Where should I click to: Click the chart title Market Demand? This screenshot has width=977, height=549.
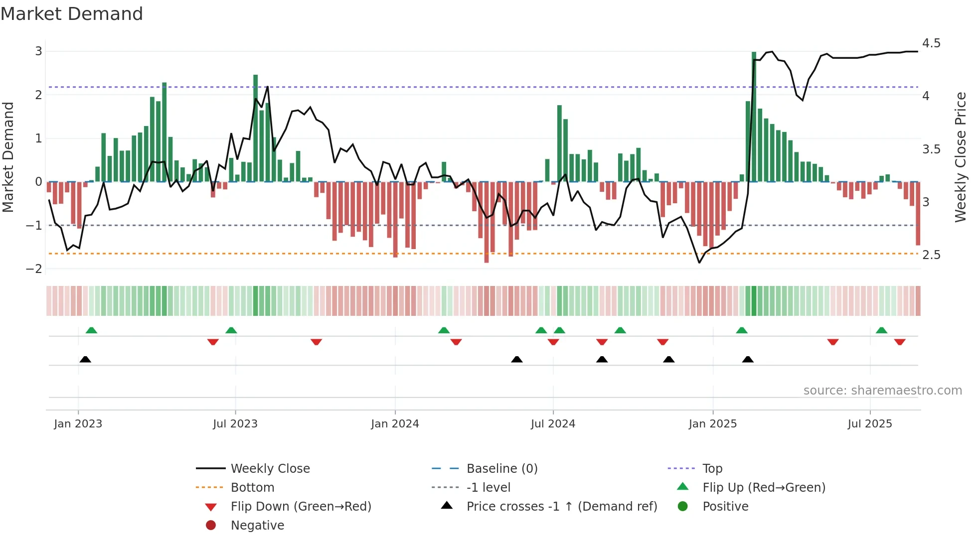pos(72,14)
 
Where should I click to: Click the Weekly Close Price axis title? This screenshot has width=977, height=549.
pos(960,157)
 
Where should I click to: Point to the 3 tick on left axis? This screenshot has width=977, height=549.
pos(38,51)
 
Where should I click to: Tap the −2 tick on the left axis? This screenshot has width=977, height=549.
pos(34,269)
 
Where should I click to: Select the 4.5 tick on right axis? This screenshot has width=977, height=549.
pos(931,43)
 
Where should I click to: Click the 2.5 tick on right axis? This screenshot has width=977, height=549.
pos(931,255)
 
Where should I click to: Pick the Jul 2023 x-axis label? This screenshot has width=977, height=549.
pos(235,424)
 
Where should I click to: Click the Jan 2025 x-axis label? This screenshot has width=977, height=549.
pos(712,424)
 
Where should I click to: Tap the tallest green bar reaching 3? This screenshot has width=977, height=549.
pos(754,117)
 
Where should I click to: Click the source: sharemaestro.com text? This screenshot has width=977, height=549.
pos(882,391)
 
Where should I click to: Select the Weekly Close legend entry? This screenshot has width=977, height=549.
pos(270,469)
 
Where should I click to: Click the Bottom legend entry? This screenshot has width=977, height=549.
pos(252,488)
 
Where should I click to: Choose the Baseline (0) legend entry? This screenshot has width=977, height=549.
pos(501,469)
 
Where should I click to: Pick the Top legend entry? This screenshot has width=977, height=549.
pos(712,469)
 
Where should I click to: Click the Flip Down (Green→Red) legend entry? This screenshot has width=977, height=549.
pos(301,507)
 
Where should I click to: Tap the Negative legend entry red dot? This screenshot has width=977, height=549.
pos(211,526)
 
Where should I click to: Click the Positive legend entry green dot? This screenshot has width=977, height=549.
pos(683,507)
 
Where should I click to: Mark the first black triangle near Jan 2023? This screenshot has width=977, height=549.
pos(85,359)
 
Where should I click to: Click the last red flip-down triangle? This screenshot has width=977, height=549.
pos(900,342)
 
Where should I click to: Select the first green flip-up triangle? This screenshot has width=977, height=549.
pos(91,330)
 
